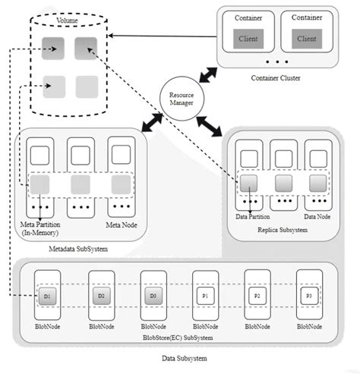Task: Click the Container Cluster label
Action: click(x=275, y=77)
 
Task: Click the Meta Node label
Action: click(x=122, y=225)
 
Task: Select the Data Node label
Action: click(x=317, y=215)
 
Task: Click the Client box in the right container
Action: click(x=307, y=39)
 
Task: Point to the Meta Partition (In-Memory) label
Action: click(x=39, y=228)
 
